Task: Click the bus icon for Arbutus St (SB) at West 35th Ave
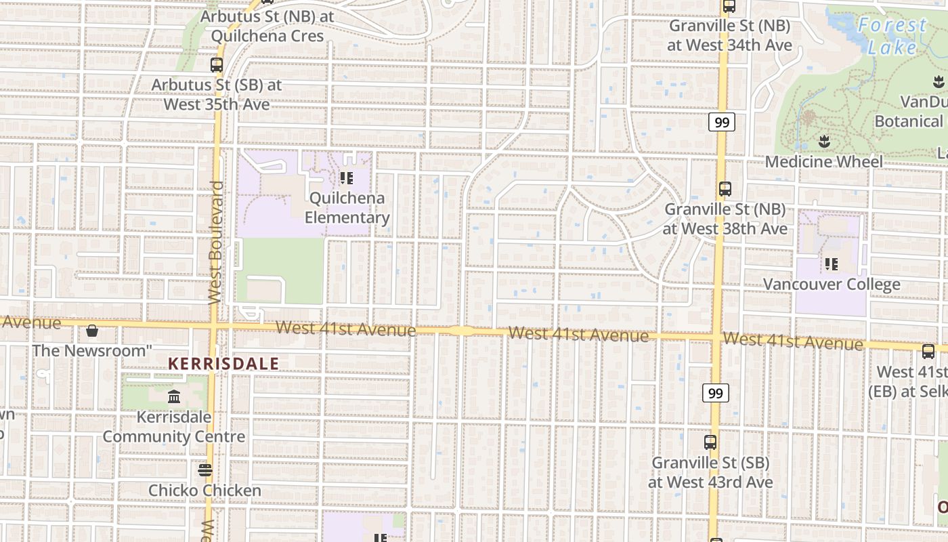[x=217, y=65]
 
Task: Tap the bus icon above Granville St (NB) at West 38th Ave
[x=725, y=189]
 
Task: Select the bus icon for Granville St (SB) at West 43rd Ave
[x=710, y=442]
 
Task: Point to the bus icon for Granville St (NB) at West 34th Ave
[x=729, y=6]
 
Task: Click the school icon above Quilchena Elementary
[x=346, y=178]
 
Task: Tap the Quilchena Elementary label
[x=347, y=208]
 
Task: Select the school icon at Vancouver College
[x=832, y=264]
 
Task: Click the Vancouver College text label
[x=832, y=284]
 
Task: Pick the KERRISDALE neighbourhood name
[x=223, y=364]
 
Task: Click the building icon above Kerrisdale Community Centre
[x=174, y=396]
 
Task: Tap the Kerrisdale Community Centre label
[x=174, y=427]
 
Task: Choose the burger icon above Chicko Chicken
[x=205, y=470]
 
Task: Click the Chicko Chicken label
[x=204, y=491]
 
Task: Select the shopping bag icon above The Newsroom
[x=92, y=331]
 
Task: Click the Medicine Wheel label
[x=824, y=162]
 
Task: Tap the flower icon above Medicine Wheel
[x=824, y=142]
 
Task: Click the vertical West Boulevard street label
[x=215, y=242]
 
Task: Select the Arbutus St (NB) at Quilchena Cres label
[x=267, y=26]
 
